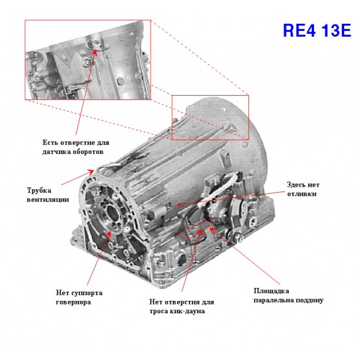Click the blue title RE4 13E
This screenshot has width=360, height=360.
tap(317, 30)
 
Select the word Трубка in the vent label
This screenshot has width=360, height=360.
tap(39, 190)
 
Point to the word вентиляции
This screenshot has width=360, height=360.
tap(48, 199)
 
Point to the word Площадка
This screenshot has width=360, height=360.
tap(271, 291)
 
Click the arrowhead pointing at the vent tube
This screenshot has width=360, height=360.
tap(91, 171)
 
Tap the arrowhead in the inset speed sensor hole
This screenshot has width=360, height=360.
tap(95, 53)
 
